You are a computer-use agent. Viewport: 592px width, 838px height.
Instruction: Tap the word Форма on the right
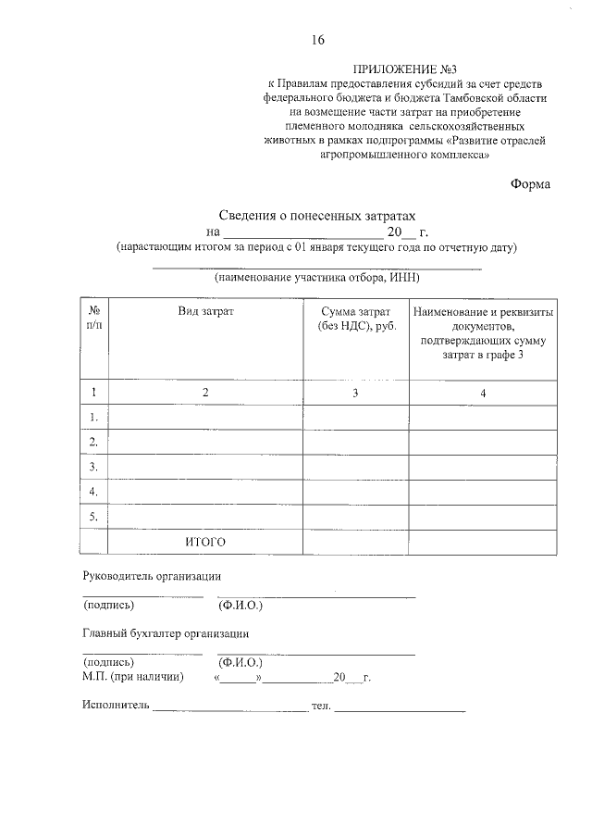[530, 183]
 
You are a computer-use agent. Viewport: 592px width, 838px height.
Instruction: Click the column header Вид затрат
[205, 312]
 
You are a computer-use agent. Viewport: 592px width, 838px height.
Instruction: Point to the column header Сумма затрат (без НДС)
[356, 319]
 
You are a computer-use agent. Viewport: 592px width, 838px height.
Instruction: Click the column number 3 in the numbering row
[356, 394]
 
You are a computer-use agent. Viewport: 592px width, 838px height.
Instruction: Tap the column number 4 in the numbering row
[483, 394]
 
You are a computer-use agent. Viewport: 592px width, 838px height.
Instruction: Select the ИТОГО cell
[205, 541]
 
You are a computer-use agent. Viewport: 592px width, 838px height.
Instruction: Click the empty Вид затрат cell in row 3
[205, 467]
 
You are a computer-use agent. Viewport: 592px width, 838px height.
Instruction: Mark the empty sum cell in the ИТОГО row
[356, 541]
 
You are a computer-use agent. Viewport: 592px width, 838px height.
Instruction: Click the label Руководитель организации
[152, 576]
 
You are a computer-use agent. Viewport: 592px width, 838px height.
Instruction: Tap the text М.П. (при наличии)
[133, 678]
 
